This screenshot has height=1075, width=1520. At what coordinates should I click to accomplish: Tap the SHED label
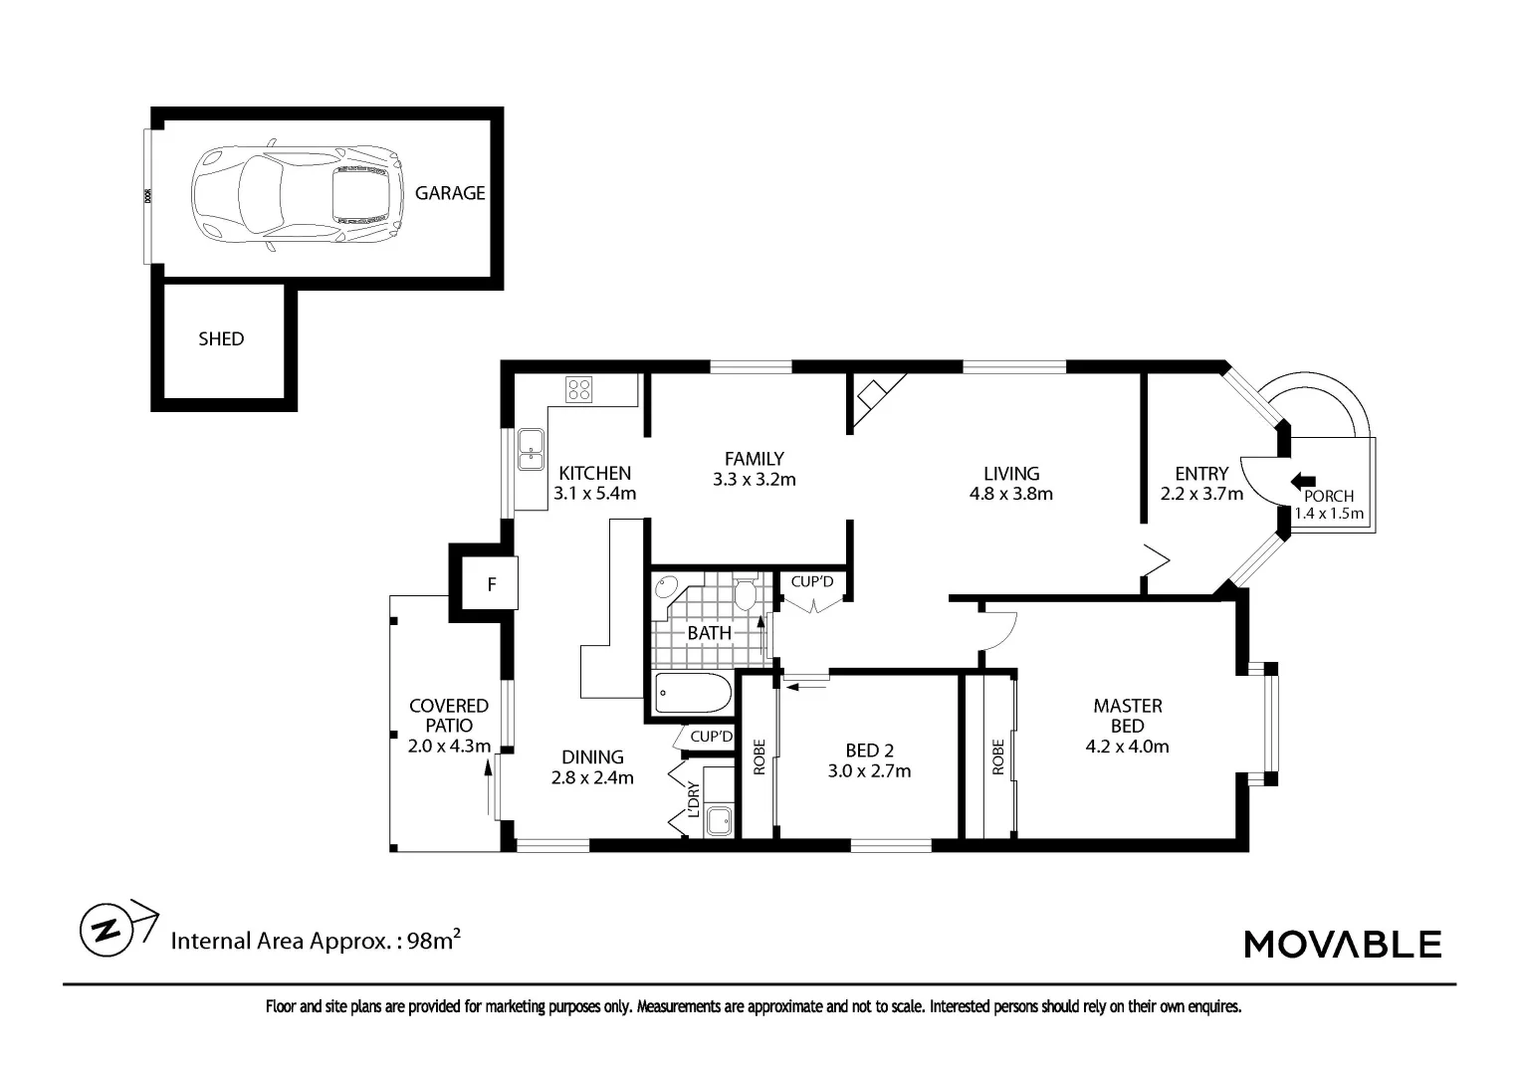tap(221, 339)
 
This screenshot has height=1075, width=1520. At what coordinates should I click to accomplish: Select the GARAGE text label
tap(450, 193)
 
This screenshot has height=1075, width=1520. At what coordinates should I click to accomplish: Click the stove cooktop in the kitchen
tap(579, 390)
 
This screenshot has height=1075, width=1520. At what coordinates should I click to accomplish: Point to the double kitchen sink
tap(531, 450)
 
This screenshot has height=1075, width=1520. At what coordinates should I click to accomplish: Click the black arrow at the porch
tap(1302, 481)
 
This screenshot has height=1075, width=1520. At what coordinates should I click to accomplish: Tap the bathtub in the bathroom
tap(693, 693)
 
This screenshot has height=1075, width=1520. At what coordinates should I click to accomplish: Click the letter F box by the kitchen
tap(491, 585)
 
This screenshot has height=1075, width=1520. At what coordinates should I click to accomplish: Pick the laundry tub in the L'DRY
tap(717, 821)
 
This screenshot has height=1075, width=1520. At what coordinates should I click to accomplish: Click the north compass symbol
tap(108, 929)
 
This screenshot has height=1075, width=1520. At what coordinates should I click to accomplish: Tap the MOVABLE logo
tap(1342, 944)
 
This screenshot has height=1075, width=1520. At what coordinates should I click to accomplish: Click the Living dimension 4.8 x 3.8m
tap(1010, 494)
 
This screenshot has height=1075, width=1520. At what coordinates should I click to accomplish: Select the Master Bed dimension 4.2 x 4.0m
tap(1127, 746)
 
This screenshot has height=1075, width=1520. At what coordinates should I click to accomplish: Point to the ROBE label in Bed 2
tap(760, 756)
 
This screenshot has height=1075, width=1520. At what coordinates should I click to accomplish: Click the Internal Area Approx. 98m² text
tap(316, 941)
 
